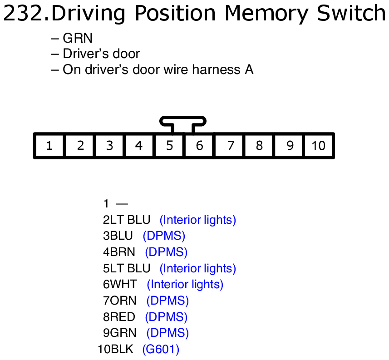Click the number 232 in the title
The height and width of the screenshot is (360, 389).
24,14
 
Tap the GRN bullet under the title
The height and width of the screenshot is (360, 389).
78,38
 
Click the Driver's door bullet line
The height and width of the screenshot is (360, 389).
101,54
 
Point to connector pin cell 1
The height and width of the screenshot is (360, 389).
49,146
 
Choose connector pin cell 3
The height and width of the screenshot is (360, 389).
109,146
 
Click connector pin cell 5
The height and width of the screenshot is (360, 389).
169,146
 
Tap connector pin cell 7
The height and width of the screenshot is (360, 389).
230,146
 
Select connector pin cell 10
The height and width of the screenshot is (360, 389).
319,146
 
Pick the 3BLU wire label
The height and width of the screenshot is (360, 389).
118,236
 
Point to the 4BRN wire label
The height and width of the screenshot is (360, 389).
119,252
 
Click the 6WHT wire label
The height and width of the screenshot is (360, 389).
120,285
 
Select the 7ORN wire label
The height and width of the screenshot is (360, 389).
120,301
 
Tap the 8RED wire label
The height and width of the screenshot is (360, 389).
119,317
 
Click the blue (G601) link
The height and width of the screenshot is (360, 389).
161,349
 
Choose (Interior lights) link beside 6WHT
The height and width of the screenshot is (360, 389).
185,285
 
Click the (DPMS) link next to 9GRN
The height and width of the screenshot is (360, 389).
167,333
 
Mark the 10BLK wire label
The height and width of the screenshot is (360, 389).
116,349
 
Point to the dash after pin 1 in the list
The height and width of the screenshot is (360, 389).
122,204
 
